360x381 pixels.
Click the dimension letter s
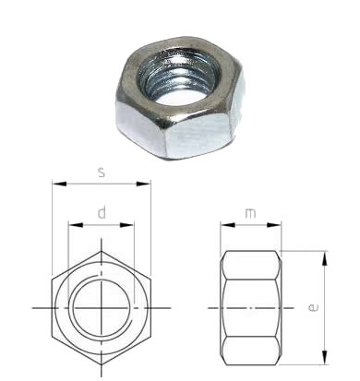[102, 173]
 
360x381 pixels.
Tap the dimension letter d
[102, 213]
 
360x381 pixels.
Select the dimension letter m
[250, 213]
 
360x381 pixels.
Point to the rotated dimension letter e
[313, 307]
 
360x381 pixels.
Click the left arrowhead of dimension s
[59, 184]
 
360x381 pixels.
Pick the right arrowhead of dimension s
[144, 184]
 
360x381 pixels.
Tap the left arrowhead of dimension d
[76, 225]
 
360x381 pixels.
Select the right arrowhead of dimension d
[126, 225]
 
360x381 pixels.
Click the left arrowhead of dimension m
[228, 225]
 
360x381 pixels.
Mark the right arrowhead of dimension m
[274, 225]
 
